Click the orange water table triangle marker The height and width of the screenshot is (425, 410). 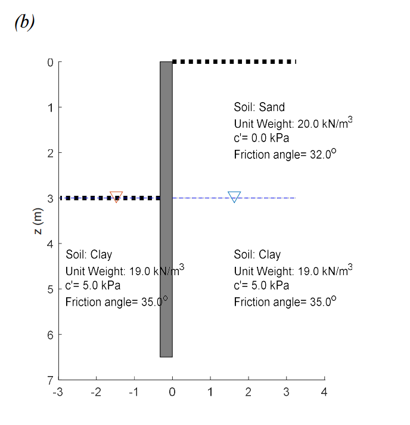(x=116, y=196)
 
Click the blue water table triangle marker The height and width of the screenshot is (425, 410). (x=234, y=196)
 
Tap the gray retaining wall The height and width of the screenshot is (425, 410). (x=166, y=209)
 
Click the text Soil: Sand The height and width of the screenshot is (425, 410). (x=259, y=107)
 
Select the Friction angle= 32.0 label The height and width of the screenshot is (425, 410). (x=285, y=154)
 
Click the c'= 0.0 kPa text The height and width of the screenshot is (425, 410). (x=261, y=139)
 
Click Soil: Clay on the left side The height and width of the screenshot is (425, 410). (x=89, y=255)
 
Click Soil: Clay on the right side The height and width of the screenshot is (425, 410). (x=257, y=255)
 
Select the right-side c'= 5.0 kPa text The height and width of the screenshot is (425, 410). (x=261, y=286)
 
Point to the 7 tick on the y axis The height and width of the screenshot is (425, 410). (x=51, y=380)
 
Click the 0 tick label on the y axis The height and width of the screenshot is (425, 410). (x=51, y=62)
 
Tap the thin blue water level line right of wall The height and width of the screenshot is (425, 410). (x=268, y=198)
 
